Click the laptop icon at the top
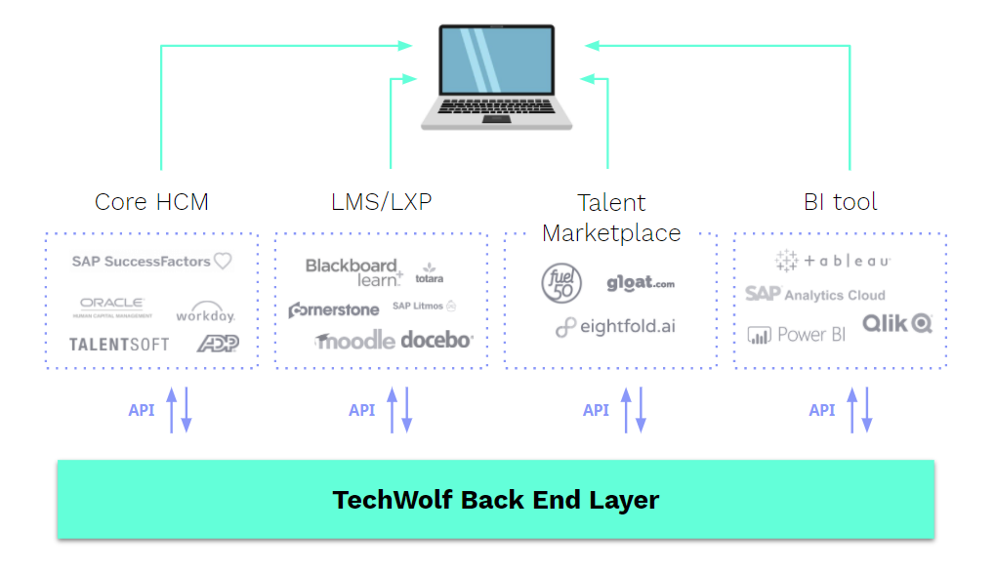click(496, 78)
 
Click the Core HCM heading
click(151, 202)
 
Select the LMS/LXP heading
click(381, 202)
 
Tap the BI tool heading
click(840, 202)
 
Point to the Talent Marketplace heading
click(611, 218)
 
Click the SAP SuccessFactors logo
click(151, 262)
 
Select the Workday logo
click(205, 314)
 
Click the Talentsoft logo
click(119, 345)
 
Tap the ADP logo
click(217, 343)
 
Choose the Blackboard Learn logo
click(353, 271)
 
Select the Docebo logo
click(436, 340)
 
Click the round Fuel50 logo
click(561, 283)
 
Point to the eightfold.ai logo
click(615, 327)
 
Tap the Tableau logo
click(833, 261)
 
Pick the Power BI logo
click(797, 335)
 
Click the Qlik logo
click(896, 323)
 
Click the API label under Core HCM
click(142, 410)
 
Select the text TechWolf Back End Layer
click(496, 500)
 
